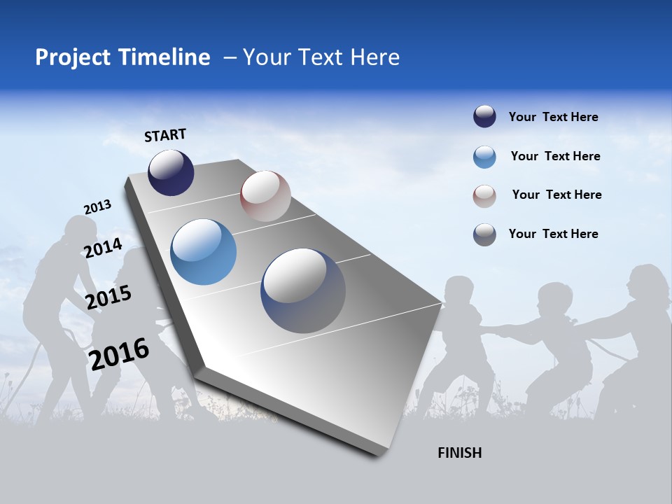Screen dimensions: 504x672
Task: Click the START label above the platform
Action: (165, 135)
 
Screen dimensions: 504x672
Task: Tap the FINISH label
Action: (459, 453)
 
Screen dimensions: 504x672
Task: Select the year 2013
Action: (97, 206)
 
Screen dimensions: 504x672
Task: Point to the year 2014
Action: (103, 248)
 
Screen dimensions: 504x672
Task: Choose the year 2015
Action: (108, 297)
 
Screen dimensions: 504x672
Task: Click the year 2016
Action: (119, 353)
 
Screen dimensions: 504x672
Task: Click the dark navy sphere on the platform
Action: (171, 173)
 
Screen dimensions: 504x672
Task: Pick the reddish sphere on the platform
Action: (265, 196)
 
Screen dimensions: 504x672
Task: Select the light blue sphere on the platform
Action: (203, 252)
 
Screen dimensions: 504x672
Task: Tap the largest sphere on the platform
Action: (303, 290)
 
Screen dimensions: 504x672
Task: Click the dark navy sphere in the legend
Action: (484, 117)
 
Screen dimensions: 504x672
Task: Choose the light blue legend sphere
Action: (484, 157)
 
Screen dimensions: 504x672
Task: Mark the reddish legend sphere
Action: (484, 195)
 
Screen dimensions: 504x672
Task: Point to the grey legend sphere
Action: (484, 234)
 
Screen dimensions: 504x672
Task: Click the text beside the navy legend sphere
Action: (553, 117)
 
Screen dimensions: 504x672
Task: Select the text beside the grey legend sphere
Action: (553, 234)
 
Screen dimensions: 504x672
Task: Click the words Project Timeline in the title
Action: (122, 57)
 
